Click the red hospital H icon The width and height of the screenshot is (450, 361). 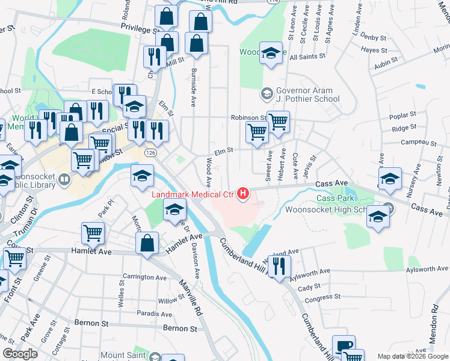(243, 193)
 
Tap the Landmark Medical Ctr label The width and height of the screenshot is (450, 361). (192, 194)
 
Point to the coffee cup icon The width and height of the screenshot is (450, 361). (344, 346)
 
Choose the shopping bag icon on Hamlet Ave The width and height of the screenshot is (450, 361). (147, 244)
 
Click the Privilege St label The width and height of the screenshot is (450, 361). (139, 28)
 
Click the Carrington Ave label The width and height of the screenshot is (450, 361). (144, 278)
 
